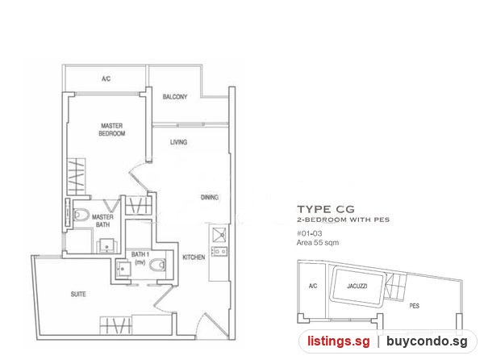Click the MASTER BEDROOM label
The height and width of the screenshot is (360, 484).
(x=112, y=130)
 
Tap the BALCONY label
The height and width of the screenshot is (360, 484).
(x=175, y=97)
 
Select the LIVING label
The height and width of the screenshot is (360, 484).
(x=179, y=142)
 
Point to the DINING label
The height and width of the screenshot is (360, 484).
(x=210, y=197)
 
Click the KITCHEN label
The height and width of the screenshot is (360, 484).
(x=194, y=257)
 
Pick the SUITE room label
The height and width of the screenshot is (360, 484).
(x=78, y=294)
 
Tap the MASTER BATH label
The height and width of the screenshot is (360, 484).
(x=102, y=220)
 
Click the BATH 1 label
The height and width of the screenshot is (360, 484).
(x=140, y=258)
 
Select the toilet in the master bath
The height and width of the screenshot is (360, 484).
(x=81, y=215)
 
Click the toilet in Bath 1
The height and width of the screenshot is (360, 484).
(x=157, y=265)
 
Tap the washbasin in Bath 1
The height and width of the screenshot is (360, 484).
(x=123, y=269)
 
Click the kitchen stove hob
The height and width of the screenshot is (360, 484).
(x=219, y=251)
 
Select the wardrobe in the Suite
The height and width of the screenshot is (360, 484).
(x=115, y=325)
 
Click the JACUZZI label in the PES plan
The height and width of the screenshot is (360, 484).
(x=357, y=287)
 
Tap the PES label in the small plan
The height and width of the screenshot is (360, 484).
(x=415, y=306)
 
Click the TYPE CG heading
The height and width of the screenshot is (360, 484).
(x=326, y=209)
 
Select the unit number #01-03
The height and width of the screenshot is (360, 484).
(x=309, y=233)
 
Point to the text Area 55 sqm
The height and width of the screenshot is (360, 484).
(x=318, y=243)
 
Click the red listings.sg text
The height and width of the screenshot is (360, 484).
(x=338, y=341)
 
